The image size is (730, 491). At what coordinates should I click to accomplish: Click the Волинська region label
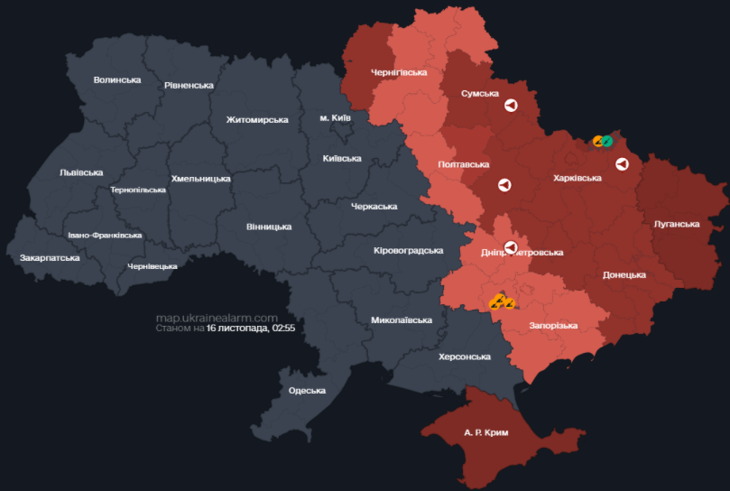click(x=117, y=80)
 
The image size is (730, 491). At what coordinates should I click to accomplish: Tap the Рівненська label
click(x=189, y=86)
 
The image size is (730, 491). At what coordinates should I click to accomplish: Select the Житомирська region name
click(x=257, y=120)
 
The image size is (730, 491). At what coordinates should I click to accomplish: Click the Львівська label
click(x=81, y=172)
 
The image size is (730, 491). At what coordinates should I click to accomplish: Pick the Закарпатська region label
click(x=50, y=258)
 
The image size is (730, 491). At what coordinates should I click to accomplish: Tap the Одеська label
click(x=307, y=390)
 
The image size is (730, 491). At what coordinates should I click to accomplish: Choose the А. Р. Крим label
click(x=486, y=432)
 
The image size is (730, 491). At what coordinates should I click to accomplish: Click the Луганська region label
click(x=677, y=224)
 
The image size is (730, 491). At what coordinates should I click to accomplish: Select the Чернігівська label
click(x=399, y=72)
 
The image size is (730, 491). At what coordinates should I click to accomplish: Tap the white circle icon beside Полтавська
click(x=504, y=185)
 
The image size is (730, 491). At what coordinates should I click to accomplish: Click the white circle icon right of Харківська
click(x=622, y=163)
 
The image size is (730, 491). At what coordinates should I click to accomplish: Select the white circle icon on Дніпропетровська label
click(x=511, y=247)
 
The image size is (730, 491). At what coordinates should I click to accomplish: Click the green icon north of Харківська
click(x=607, y=141)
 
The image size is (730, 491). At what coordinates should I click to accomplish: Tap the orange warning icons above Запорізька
click(x=501, y=302)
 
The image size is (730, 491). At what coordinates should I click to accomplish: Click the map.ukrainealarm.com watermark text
click(x=216, y=318)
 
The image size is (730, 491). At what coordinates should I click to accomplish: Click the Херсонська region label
click(x=465, y=357)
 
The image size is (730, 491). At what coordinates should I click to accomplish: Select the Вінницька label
click(x=269, y=227)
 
